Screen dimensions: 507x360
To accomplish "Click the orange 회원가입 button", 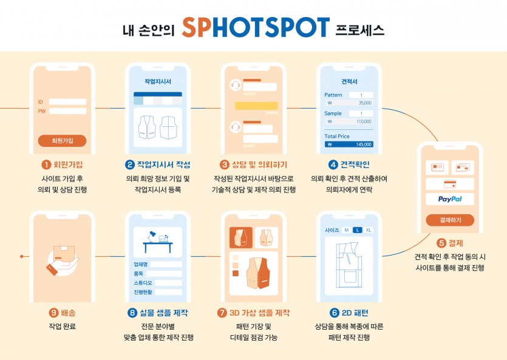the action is click(62, 141).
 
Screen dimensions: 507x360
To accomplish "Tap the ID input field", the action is click(67, 102).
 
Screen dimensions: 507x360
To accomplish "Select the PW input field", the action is click(67, 111).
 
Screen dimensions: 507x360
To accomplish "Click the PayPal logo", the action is click(450, 199).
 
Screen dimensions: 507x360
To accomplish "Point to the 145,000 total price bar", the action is click(349, 144).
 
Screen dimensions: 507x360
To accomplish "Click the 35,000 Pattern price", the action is click(365, 103).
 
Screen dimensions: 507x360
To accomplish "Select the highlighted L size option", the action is click(357, 230).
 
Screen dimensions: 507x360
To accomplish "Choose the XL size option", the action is click(369, 230).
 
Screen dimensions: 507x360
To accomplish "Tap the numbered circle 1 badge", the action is click(46, 165).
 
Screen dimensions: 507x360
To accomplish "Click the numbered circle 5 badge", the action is click(441, 243).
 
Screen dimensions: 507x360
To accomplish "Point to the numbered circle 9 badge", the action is click(53, 313).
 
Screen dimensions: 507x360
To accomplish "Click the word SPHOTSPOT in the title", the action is click(256, 27).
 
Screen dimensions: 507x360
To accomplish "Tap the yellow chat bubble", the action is click(256, 106).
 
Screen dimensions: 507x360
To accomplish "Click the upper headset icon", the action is click(236, 85).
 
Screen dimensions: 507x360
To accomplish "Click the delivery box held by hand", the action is click(64, 254).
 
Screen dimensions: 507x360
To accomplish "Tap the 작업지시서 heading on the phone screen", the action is click(158, 81).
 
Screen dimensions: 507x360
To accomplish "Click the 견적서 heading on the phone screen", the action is click(349, 81).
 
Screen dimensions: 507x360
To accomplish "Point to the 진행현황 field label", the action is click(143, 292).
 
